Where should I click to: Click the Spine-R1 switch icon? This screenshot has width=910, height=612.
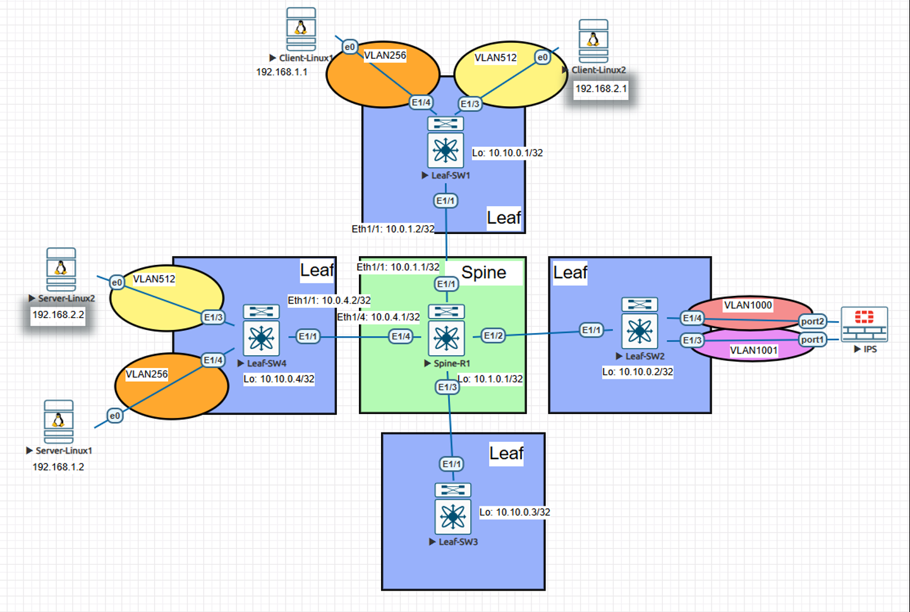click(x=446, y=338)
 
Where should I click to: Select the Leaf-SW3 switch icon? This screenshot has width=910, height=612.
click(x=452, y=516)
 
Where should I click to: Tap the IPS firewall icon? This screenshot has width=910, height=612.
click(x=864, y=324)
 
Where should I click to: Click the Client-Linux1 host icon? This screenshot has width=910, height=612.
click(x=301, y=29)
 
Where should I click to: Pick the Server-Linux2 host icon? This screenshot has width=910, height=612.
click(x=61, y=269)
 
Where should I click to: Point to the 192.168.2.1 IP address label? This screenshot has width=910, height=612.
click(x=601, y=89)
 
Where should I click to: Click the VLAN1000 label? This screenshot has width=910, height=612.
click(x=748, y=305)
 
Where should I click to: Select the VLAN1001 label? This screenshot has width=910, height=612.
click(x=753, y=350)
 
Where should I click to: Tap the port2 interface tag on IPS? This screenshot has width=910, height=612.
click(x=812, y=321)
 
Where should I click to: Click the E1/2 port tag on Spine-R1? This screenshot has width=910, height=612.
click(x=494, y=336)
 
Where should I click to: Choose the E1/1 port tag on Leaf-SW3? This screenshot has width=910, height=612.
click(x=451, y=464)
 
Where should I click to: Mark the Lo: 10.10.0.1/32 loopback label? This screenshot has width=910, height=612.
click(x=507, y=153)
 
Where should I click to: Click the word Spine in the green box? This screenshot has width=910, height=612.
click(x=483, y=272)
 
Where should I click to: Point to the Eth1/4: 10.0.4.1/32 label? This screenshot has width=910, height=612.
click(x=378, y=317)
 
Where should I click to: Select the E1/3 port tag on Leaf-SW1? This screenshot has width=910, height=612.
click(x=470, y=104)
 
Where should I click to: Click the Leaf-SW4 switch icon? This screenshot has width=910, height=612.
click(x=261, y=338)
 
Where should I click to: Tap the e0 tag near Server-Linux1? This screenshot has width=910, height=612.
click(x=114, y=415)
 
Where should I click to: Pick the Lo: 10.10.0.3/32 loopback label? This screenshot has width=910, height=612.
click(x=514, y=512)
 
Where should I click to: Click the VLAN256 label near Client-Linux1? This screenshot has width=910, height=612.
click(x=385, y=56)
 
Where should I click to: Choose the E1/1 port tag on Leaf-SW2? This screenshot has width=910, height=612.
click(x=591, y=330)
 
